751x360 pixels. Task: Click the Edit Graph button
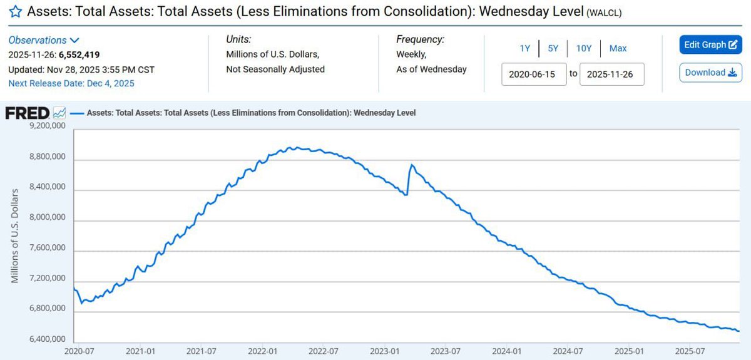[710, 45]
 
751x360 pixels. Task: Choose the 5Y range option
[553, 48]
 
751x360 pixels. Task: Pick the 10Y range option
[583, 48]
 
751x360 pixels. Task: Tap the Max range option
[618, 48]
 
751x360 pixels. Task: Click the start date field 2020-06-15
[534, 73]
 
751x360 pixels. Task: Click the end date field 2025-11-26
[611, 73]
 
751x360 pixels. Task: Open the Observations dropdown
[44, 40]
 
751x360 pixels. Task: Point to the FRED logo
[28, 113]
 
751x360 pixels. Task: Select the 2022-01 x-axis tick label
[265, 352]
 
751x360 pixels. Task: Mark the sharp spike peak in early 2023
[411, 165]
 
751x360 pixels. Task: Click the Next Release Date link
[71, 83]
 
